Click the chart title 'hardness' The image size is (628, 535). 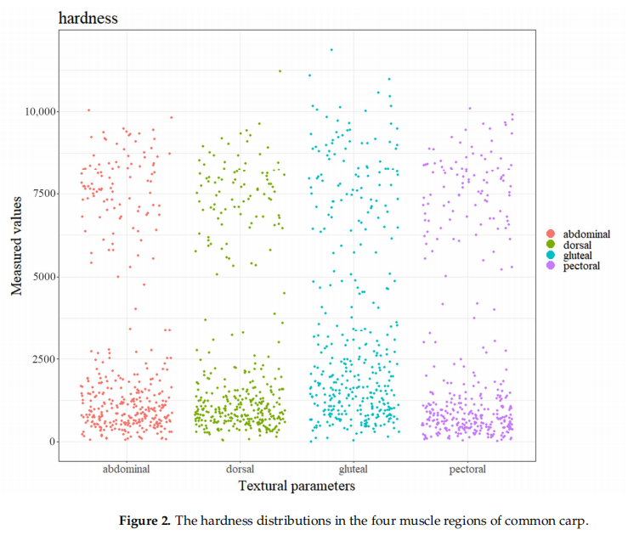click(x=88, y=17)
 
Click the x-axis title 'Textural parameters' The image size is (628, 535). click(x=297, y=486)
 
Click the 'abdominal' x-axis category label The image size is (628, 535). click(x=126, y=469)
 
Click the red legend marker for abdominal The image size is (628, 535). click(x=551, y=234)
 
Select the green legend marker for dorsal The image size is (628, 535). click(x=551, y=245)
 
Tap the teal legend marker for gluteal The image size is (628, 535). click(x=551, y=255)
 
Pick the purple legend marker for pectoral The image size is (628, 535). click(x=551, y=266)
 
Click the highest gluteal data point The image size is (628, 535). click(x=331, y=49)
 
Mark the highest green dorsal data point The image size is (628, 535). click(x=280, y=70)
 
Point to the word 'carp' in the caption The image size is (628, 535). click(x=573, y=520)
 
